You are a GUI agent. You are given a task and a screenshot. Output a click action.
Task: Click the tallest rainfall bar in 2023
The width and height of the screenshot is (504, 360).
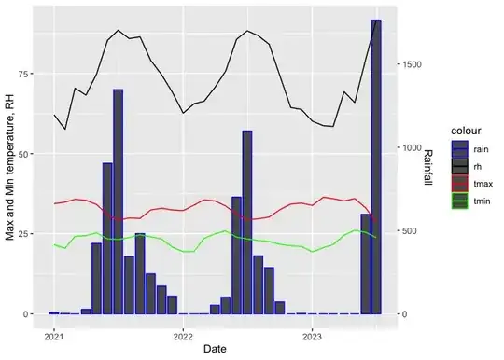coord(376,167)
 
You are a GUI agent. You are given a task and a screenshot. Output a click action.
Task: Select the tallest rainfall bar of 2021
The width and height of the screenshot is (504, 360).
coord(118,201)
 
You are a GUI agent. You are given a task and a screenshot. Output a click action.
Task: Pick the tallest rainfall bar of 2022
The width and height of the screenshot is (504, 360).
coord(247,222)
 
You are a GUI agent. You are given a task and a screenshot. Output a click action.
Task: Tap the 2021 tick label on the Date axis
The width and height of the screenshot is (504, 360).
coord(54,337)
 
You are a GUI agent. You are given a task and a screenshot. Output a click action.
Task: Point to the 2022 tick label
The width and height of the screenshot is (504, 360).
coord(183,337)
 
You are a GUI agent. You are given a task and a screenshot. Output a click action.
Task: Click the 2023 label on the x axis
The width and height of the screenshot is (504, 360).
coord(312,337)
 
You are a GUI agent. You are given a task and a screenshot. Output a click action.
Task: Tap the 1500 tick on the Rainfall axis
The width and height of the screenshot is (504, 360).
coord(412,64)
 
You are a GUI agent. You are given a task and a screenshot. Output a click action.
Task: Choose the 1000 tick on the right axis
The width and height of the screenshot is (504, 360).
coord(412,147)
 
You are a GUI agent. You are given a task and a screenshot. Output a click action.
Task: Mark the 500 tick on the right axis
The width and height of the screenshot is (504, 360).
coord(410,231)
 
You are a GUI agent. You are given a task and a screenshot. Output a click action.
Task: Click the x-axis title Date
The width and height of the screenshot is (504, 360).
coord(215,349)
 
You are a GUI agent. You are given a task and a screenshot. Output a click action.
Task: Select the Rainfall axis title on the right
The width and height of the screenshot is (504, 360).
coord(428,167)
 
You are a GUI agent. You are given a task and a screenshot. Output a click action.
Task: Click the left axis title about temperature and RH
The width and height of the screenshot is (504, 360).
coord(10,167)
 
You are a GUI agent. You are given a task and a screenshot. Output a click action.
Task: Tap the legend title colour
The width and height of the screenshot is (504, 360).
coord(466,131)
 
